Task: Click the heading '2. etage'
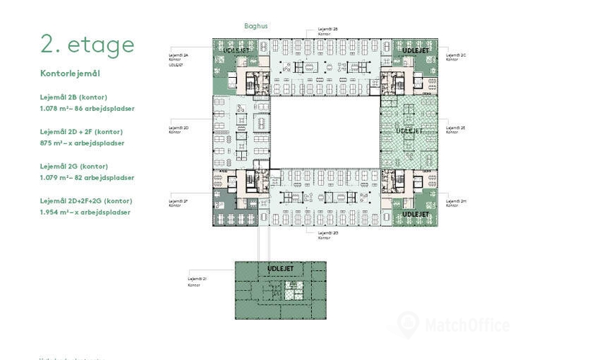tap(87, 45)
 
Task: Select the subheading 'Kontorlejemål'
tap(69, 73)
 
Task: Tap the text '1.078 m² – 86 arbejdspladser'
tap(87, 108)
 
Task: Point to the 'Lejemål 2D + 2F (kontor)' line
tap(81, 132)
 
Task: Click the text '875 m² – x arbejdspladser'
tap(82, 143)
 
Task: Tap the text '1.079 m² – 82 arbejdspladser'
tap(87, 177)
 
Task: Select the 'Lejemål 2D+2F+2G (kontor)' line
tap(86, 201)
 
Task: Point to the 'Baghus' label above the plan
tap(256, 25)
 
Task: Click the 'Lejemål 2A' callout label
tap(179, 55)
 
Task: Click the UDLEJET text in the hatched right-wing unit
tap(409, 131)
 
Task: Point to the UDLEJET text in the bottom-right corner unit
tap(415, 215)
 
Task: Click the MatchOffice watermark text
tap(467, 325)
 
